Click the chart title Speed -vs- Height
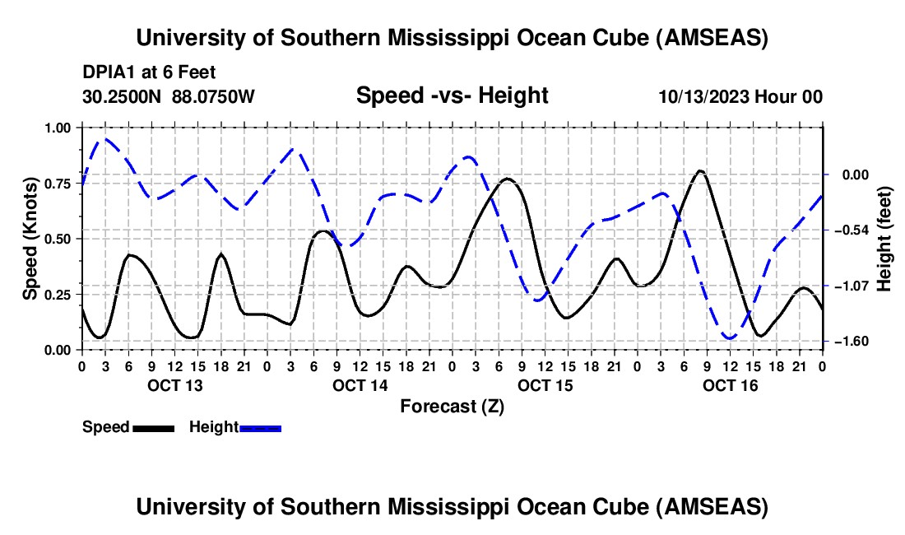coord(452,95)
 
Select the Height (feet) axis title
coord(884,238)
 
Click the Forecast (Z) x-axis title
coord(452,406)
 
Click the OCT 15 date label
coord(545,385)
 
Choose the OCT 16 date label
coord(730,385)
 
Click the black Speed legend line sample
coord(153,427)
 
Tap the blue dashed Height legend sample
coord(260,427)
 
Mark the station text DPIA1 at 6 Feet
coord(149,73)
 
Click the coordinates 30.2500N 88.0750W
coord(169,96)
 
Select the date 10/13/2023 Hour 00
coord(740,96)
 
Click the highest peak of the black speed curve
coord(699,171)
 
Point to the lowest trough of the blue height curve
coord(729,337)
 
